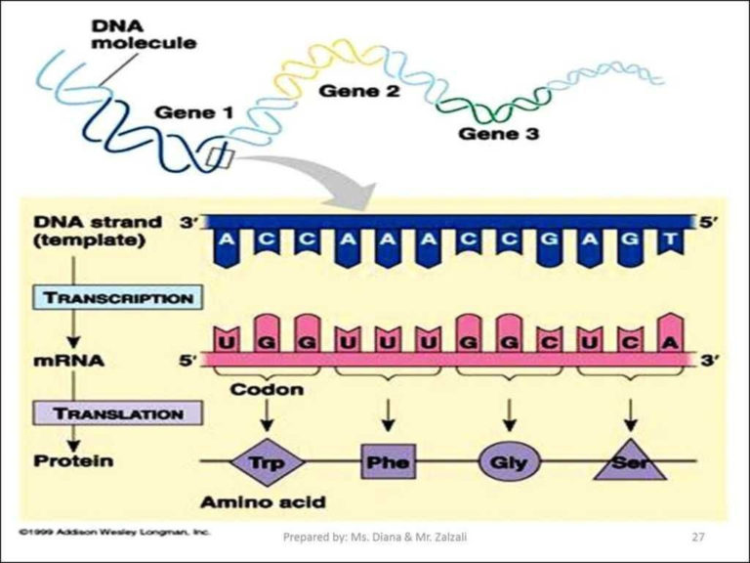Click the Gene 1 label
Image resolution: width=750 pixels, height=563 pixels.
pos(192,113)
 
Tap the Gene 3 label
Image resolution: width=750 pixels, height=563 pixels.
pos(499,133)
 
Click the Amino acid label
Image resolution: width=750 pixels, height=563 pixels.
pos(262,502)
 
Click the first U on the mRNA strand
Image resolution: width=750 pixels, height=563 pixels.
pos(227,344)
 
